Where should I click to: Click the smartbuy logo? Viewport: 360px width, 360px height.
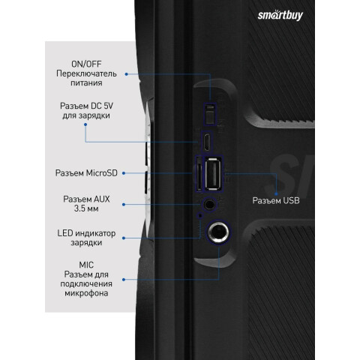pyautogui.click(x=280, y=15)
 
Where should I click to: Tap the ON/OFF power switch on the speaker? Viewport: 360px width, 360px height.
pyautogui.click(x=210, y=114)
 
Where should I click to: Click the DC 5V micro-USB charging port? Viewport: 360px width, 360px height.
pyautogui.click(x=207, y=142)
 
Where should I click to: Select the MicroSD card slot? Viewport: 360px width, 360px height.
pyautogui.click(x=199, y=174)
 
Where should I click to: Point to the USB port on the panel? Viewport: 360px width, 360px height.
pyautogui.click(x=213, y=173)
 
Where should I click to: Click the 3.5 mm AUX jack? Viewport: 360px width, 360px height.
pyautogui.click(x=209, y=205)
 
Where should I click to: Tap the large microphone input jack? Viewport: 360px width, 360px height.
pyautogui.click(x=218, y=232)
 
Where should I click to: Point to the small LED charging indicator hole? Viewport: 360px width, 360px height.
pyautogui.click(x=199, y=215)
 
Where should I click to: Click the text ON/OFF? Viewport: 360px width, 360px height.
pyautogui.click(x=86, y=64)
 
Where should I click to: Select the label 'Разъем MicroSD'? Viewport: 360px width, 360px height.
pyautogui.click(x=86, y=173)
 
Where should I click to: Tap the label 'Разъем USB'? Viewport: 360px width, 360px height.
pyautogui.click(x=276, y=200)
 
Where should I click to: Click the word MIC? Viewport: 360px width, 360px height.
pyautogui.click(x=86, y=265)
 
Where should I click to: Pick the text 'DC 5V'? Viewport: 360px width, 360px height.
pyautogui.click(x=102, y=106)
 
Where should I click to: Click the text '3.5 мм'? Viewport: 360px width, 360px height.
pyautogui.click(x=86, y=208)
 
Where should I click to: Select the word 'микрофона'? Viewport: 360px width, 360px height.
pyautogui.click(x=86, y=293)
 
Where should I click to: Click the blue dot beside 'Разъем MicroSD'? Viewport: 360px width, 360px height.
pyautogui.click(x=124, y=173)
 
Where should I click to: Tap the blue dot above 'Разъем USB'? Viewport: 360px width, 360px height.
pyautogui.click(x=276, y=194)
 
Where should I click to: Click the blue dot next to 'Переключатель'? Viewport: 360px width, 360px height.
pyautogui.click(x=127, y=74)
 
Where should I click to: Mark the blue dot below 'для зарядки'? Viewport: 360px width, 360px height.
pyautogui.click(x=85, y=124)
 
